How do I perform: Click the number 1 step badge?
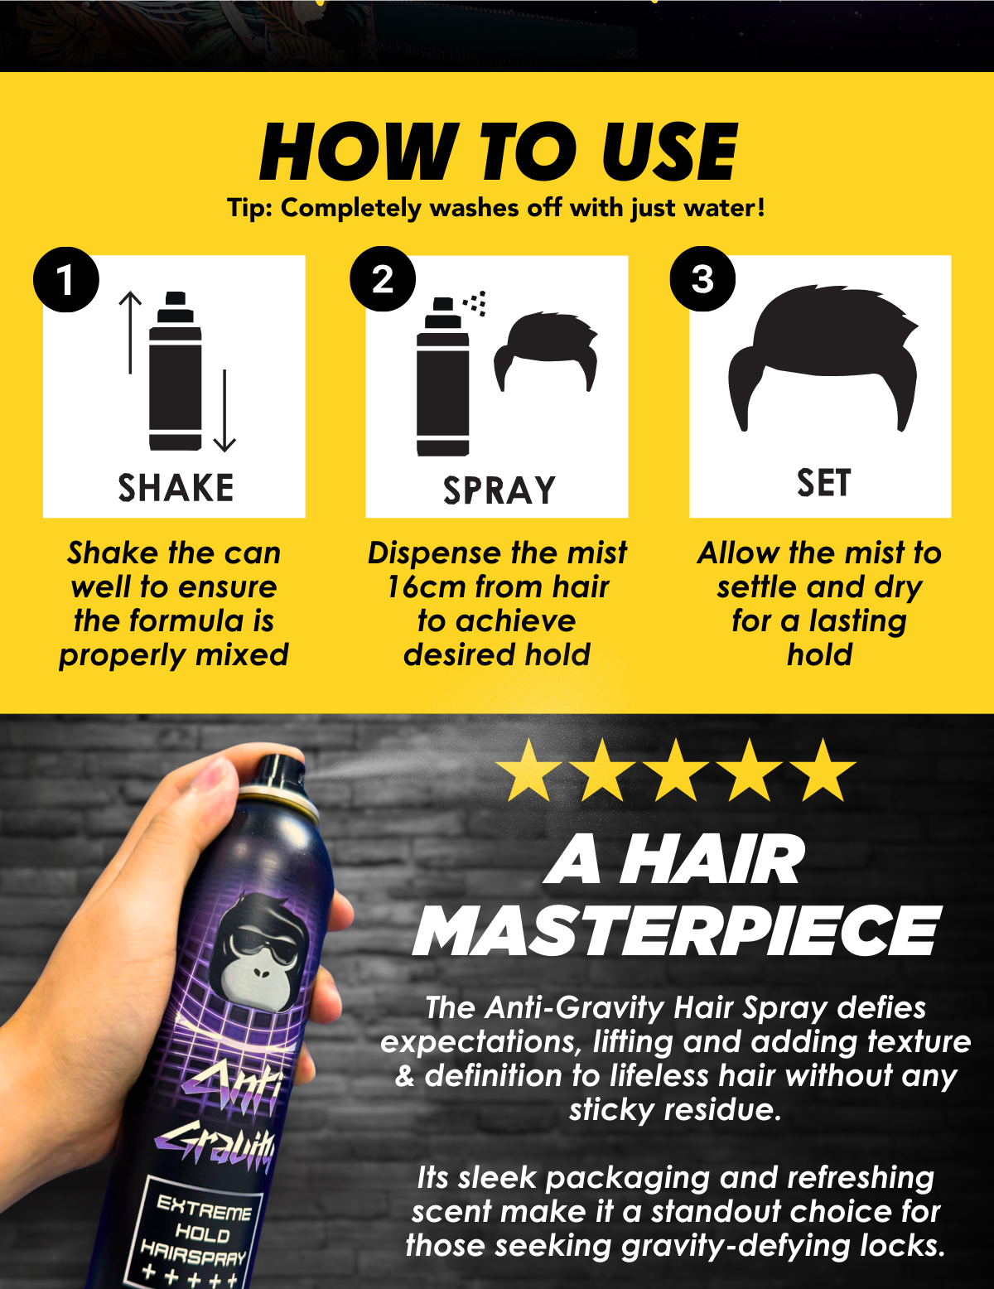(66, 279)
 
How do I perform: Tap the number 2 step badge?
(383, 279)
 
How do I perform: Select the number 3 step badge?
(702, 279)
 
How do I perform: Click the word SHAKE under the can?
(176, 488)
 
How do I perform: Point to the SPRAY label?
(499, 490)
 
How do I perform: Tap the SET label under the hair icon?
(823, 483)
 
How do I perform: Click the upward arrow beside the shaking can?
(130, 331)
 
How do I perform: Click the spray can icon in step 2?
(442, 377)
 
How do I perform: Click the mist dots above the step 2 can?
(476, 303)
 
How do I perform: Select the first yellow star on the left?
(528, 771)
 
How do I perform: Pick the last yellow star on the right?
(823, 771)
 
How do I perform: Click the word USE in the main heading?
(669, 152)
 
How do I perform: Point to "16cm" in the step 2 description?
(426, 587)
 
